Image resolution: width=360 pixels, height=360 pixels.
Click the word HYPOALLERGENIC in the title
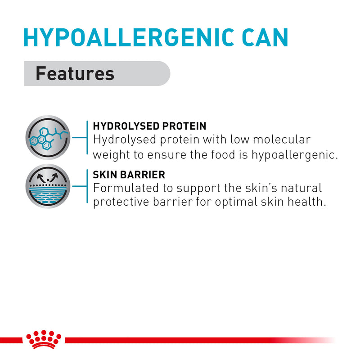click(129, 37)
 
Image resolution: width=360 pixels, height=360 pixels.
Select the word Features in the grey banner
click(75, 73)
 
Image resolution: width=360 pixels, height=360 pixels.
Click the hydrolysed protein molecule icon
click(48, 138)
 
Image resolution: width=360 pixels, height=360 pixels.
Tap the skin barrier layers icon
click(48, 186)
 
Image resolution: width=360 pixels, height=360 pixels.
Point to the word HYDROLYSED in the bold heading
click(126, 126)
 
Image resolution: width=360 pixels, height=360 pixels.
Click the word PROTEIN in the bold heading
click(184, 126)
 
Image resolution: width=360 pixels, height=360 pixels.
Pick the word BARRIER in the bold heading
click(143, 175)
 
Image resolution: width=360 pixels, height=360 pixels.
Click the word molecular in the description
click(282, 139)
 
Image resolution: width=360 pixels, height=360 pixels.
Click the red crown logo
click(44, 339)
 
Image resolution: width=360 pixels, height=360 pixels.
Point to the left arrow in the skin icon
click(40, 177)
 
